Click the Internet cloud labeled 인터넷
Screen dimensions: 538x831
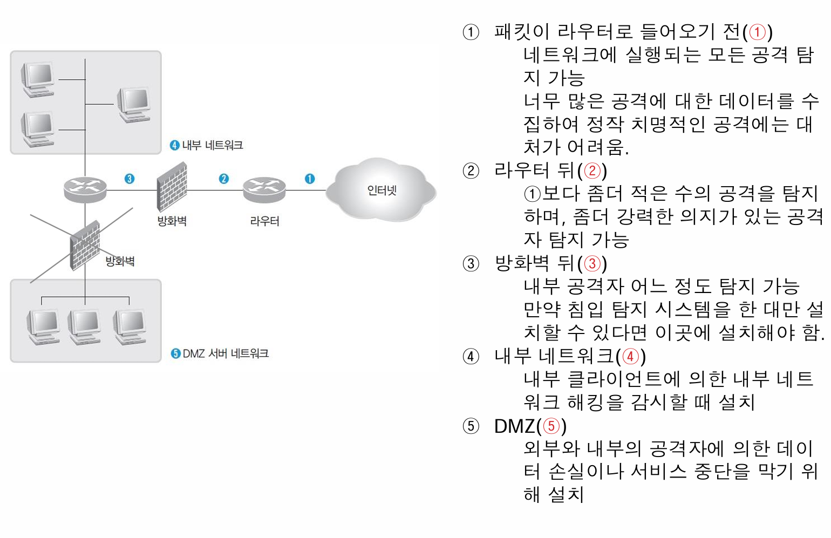tap(382, 189)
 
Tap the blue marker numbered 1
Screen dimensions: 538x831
tap(310, 179)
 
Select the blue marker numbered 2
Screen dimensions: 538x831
tap(224, 179)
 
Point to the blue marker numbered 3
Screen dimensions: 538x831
tap(130, 179)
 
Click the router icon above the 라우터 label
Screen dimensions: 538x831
tap(264, 189)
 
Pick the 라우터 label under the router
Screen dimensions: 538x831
tap(264, 221)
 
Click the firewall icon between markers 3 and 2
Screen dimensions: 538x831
tap(172, 187)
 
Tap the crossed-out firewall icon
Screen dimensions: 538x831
tap(85, 246)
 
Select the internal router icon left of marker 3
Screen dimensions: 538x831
tap(85, 189)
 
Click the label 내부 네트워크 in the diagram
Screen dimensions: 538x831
tap(213, 145)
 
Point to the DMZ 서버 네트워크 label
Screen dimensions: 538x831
tap(226, 353)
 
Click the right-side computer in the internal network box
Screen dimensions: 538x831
tap(134, 104)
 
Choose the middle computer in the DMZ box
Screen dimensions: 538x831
tap(84, 326)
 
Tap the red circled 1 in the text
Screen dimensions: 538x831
tap(758, 32)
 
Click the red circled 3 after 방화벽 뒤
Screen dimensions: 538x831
tap(592, 263)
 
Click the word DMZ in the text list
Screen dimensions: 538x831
tap(514, 426)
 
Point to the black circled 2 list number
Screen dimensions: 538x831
tap(471, 171)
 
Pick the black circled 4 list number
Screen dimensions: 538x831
tap(471, 357)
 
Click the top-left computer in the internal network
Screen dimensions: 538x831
tap(38, 79)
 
